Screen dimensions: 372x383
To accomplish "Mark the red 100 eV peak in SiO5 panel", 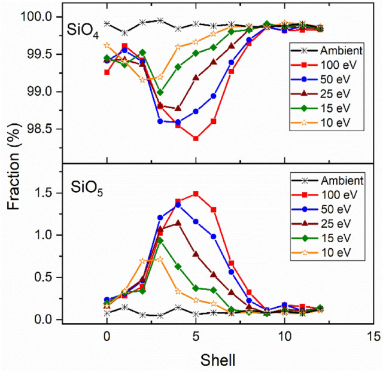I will [x=196, y=194].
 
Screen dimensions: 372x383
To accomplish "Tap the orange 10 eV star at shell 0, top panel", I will [x=107, y=45].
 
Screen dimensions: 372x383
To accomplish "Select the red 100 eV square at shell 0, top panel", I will [x=107, y=72].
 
